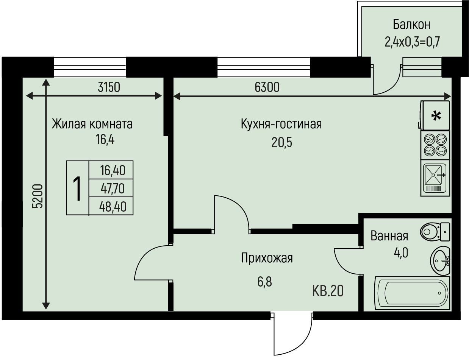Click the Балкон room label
pos(411,25)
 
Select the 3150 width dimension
pos(109,87)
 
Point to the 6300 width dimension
pos(267,87)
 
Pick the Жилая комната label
pos(92,124)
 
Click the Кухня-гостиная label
pos(281,124)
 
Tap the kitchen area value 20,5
pos(282,143)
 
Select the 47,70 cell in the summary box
pos(112,188)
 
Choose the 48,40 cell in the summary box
pos(112,207)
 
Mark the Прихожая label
pos(267,258)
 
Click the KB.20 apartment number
pos(328,291)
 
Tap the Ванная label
pos(389,236)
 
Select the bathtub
pos(412,293)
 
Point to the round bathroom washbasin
pos(440,260)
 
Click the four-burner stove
pos(435,145)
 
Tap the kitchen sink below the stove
pos(435,178)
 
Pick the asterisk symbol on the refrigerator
pos(437,115)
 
